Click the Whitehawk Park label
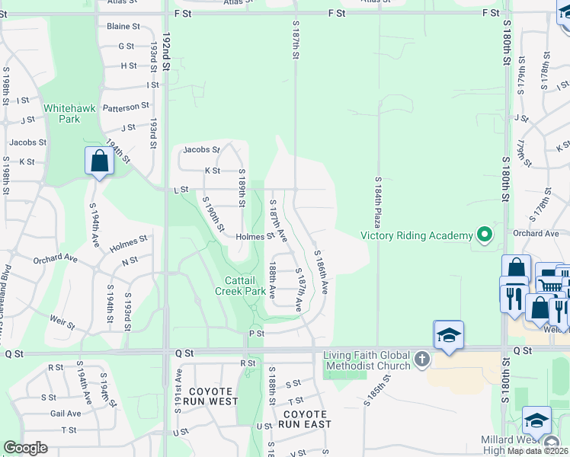click(x=69, y=113)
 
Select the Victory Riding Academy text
click(x=416, y=235)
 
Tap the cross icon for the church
click(x=423, y=357)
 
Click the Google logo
click(x=25, y=448)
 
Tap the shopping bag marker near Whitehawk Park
click(x=99, y=161)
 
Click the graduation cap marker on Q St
click(x=449, y=335)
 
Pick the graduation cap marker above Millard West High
click(x=537, y=420)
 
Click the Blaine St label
click(x=123, y=26)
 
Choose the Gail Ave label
click(x=66, y=414)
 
